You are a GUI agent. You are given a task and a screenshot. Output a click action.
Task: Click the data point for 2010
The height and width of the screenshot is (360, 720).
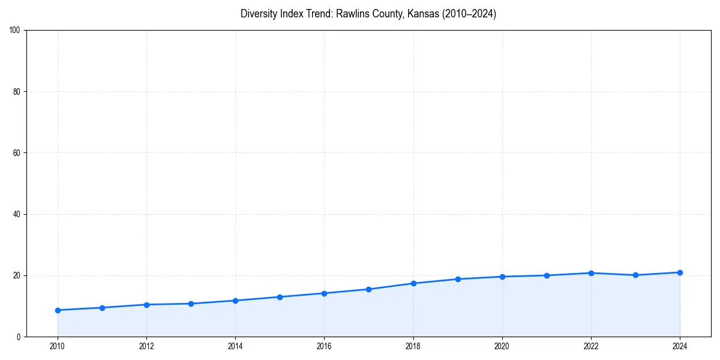coord(58,310)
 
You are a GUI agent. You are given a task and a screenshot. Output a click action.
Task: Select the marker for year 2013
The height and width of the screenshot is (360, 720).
coord(191,304)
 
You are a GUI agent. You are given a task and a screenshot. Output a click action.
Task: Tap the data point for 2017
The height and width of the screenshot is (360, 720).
coord(368,289)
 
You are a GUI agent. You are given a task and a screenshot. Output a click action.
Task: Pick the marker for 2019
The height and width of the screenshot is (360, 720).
coord(458,279)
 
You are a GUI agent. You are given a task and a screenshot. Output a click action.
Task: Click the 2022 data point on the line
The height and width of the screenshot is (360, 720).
coord(591,273)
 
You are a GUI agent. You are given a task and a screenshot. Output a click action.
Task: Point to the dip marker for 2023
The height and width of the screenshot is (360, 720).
coord(635,275)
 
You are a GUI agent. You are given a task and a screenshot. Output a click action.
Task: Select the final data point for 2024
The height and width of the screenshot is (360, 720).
coord(680,272)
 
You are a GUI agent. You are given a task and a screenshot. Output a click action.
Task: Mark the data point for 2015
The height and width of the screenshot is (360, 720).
coord(280,297)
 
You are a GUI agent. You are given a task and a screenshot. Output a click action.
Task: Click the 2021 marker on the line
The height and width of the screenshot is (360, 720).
coord(547,275)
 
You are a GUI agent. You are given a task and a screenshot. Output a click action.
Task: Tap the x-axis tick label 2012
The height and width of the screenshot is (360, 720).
coord(146,346)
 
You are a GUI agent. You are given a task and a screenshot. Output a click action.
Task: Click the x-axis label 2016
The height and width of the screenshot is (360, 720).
coord(324,346)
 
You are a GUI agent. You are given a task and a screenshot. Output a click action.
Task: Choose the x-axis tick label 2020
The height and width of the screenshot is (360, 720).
coord(502,346)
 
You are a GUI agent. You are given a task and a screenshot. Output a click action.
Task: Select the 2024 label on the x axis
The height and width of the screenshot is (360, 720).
coord(680,346)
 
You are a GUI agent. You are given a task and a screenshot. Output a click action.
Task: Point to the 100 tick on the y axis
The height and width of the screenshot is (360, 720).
coord(16,30)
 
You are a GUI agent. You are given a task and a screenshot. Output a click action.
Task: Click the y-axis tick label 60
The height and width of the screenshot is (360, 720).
coord(17,153)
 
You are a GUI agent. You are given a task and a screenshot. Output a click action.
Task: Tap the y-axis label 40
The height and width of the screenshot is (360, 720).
coord(17,214)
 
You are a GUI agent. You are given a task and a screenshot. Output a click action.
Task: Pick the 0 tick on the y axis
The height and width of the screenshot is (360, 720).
coord(19,337)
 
